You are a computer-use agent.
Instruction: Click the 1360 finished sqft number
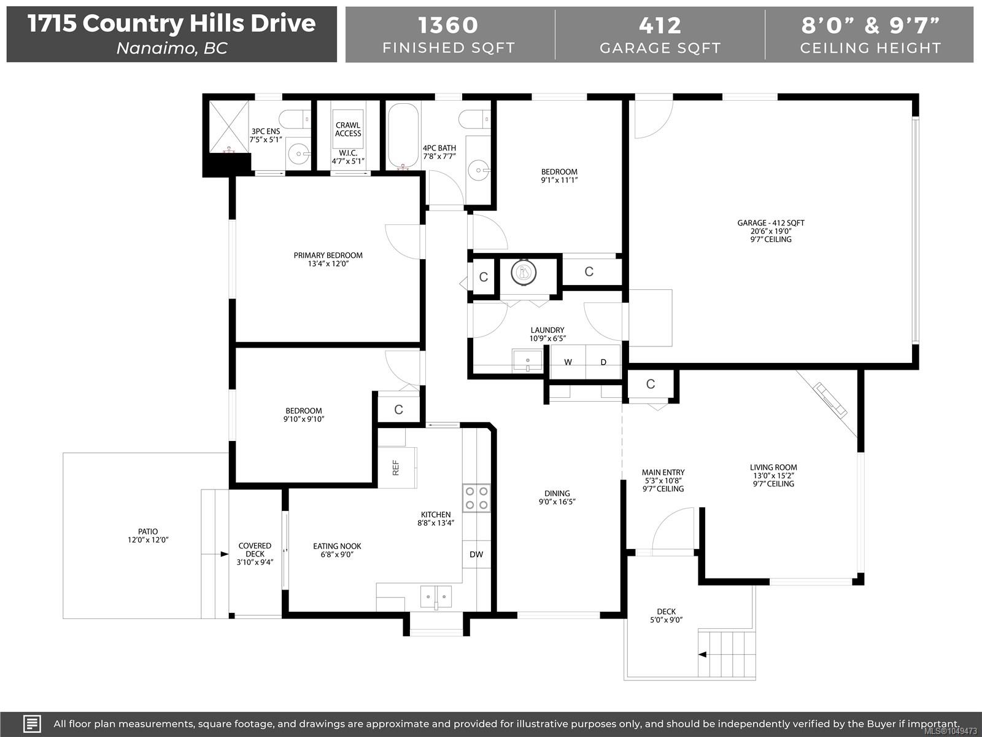tap(448, 25)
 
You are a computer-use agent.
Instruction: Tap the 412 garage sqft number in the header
tap(660, 25)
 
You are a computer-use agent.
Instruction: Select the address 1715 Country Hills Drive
tap(172, 23)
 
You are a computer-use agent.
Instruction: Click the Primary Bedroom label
tap(328, 255)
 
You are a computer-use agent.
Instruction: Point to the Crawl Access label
tap(348, 130)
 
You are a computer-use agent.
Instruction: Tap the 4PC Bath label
tap(439, 148)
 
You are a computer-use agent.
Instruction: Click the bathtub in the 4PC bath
tap(403, 136)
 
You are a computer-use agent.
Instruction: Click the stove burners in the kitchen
tap(476, 498)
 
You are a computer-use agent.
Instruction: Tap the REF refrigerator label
tap(395, 467)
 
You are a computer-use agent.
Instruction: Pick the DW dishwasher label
tap(476, 555)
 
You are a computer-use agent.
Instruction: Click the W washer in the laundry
tap(568, 362)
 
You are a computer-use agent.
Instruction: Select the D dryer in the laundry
tap(603, 362)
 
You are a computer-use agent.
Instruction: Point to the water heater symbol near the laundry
tap(524, 272)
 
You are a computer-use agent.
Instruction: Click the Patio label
tap(148, 532)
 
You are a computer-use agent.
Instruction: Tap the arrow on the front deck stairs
tap(703, 654)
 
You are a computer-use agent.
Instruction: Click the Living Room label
tap(773, 467)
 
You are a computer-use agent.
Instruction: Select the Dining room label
tap(557, 494)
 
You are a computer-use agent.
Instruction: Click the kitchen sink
tap(436, 597)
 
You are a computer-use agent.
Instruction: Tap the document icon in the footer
tap(32, 723)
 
